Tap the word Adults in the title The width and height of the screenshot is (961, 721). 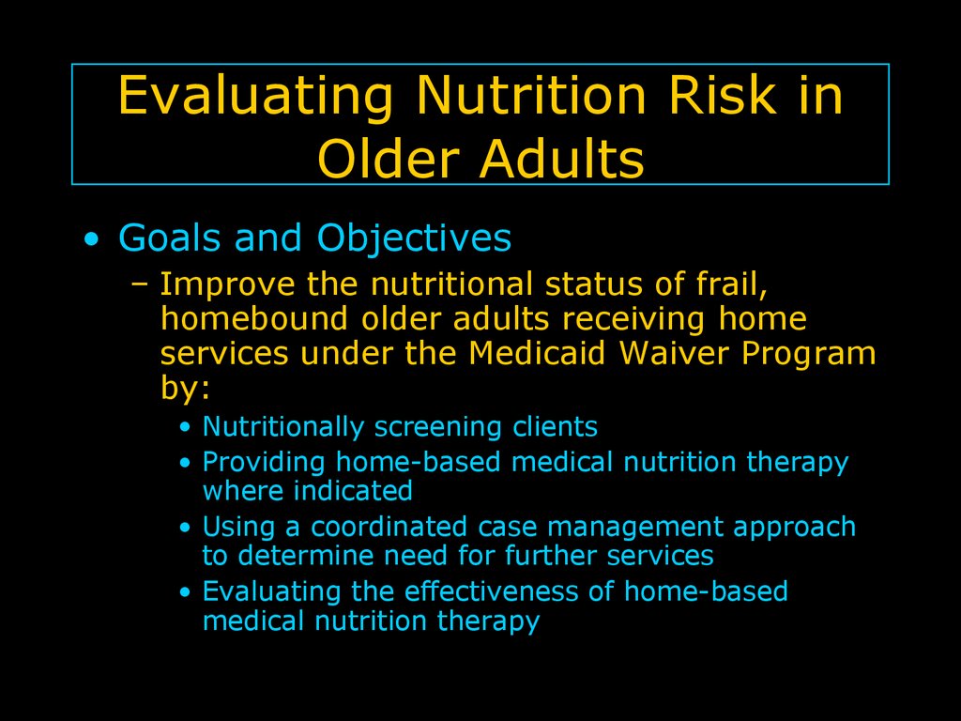coord(562,159)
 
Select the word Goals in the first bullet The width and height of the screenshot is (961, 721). coord(169,238)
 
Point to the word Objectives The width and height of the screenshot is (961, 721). coord(414,238)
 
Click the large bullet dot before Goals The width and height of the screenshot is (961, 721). coord(91,238)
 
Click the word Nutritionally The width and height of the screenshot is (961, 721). coord(283,427)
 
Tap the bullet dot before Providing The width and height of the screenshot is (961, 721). coord(186,463)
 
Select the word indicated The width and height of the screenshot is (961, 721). coord(353,491)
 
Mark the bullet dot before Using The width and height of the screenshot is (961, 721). coord(186,528)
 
